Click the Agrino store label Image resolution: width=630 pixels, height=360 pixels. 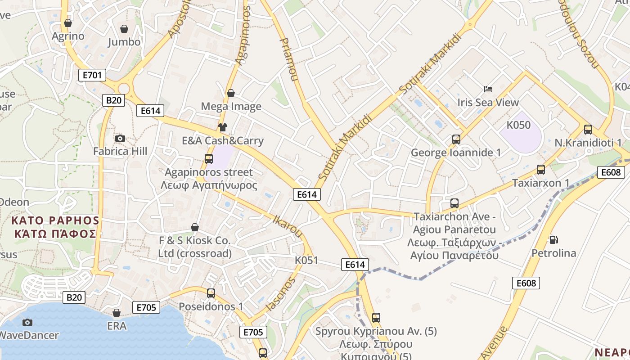coord(68,36)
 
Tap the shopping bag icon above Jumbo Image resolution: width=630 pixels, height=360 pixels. coord(124,29)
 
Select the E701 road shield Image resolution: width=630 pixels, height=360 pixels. coord(92,75)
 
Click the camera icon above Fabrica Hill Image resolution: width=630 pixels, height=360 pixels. coord(120,138)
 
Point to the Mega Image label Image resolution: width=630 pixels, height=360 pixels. coord(231,107)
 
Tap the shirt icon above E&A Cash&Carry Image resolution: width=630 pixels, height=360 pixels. coord(223,127)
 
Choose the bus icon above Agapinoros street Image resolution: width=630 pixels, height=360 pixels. coord(209,158)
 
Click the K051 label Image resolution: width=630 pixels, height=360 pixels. coord(306,260)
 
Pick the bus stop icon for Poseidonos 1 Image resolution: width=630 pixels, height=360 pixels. coord(211,293)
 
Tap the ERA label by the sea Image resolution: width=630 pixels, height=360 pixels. coord(117,326)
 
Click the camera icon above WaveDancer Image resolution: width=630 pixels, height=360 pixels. coord(27,322)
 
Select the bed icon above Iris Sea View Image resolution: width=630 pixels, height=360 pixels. coord(488,89)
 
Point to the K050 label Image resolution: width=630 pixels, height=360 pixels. coord(518,125)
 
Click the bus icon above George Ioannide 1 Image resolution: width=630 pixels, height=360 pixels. coord(456,139)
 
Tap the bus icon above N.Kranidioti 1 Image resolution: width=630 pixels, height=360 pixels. coord(588,130)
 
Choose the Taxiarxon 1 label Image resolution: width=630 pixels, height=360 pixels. coord(541,183)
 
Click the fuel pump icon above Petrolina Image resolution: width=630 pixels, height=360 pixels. coord(553,240)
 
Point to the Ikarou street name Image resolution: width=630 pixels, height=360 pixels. coord(288,226)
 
